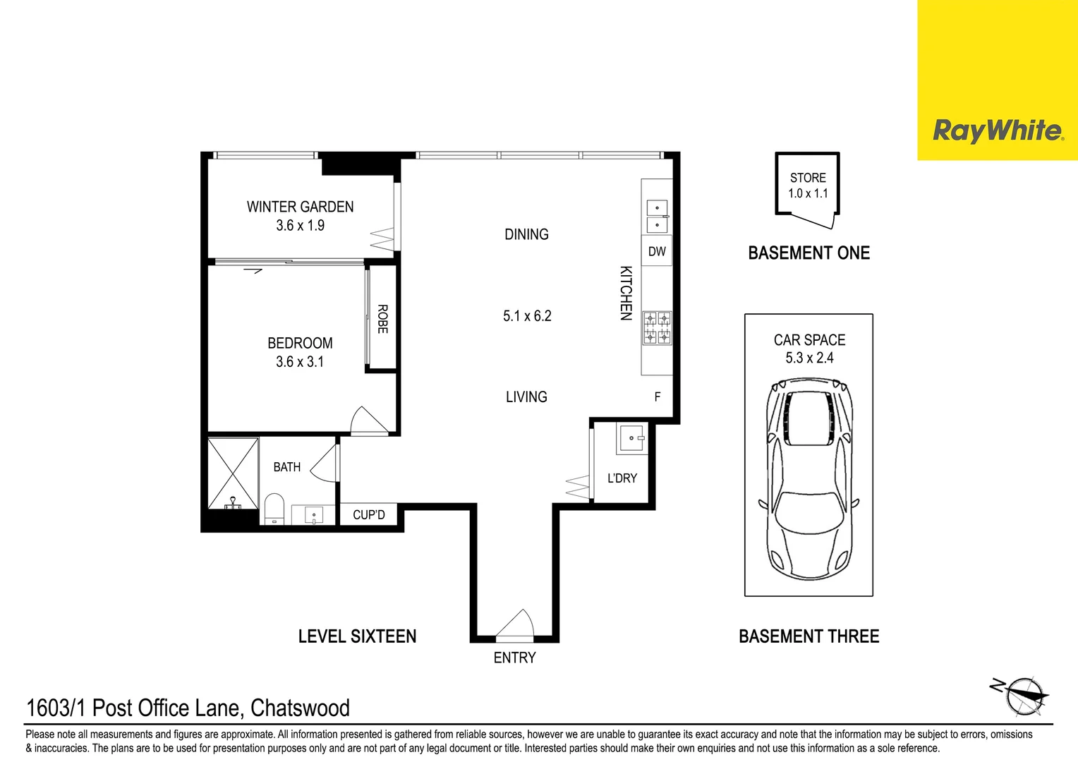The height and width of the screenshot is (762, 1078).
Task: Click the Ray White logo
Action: click(997, 131)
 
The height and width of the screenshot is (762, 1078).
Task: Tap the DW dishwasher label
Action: click(657, 251)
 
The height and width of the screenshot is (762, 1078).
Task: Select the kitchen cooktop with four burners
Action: click(657, 328)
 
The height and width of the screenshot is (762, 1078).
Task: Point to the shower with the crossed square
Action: click(233, 473)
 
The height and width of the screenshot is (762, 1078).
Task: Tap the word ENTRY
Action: click(514, 658)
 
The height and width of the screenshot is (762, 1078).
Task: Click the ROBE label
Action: click(382, 319)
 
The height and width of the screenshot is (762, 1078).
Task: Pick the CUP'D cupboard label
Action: click(369, 515)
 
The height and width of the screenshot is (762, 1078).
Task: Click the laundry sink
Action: click(631, 438)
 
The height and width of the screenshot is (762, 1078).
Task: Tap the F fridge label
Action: click(658, 397)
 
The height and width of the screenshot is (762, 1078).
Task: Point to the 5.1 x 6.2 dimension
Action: click(527, 316)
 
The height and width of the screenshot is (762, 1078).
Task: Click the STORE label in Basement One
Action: click(808, 178)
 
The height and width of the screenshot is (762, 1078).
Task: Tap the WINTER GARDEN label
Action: click(300, 207)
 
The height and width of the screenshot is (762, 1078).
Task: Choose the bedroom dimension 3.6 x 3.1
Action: click(300, 362)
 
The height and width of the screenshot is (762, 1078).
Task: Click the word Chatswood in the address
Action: click(300, 708)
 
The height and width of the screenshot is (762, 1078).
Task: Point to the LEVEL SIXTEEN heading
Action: click(357, 636)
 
